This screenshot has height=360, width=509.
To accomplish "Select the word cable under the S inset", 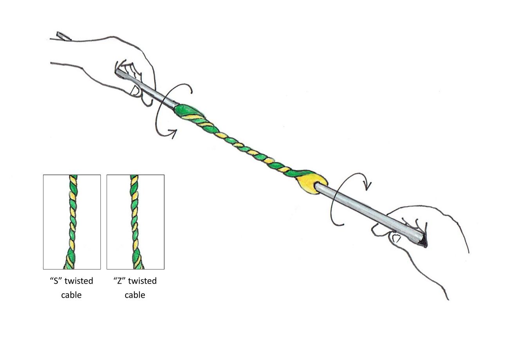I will pyautogui.click(x=71, y=295).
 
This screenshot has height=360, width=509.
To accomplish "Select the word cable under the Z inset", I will pyautogui.click(x=135, y=295).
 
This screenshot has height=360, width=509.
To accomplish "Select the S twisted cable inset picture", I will pyautogui.click(x=72, y=222).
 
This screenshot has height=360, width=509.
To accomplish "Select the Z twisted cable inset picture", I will pyautogui.click(x=135, y=222).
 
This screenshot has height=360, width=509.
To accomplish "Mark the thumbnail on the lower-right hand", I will pyautogui.click(x=396, y=238).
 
